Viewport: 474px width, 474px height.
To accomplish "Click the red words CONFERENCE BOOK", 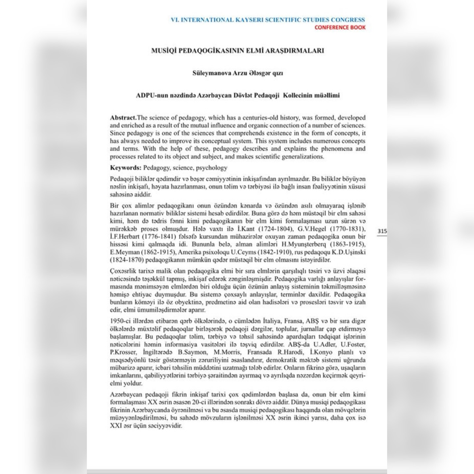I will tap(340, 27).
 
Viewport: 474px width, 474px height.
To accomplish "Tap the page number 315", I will tap(382, 231).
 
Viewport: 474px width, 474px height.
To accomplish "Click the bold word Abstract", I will tap(123, 118).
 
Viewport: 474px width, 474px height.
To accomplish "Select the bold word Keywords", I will tap(125, 168).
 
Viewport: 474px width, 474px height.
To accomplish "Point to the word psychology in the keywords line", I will tap(212, 168).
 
